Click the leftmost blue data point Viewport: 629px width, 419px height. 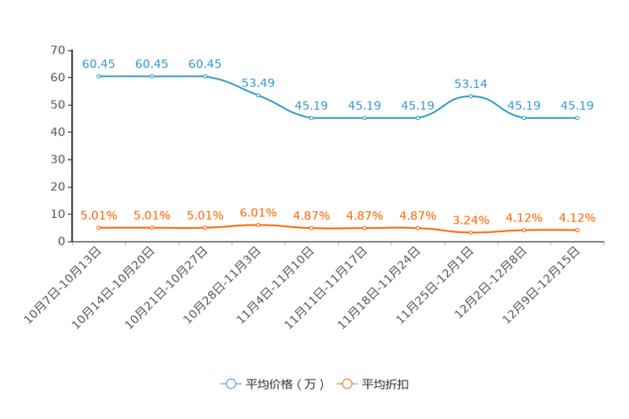99,76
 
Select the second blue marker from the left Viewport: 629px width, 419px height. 152,76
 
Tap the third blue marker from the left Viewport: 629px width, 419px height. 205,76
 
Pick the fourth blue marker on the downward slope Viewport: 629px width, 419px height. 259,95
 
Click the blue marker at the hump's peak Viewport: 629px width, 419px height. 471,95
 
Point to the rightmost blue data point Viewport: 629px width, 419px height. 577,118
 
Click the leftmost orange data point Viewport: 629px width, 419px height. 99,228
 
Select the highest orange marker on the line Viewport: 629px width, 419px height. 259,225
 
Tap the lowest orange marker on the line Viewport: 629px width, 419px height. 471,232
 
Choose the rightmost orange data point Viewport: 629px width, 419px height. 577,230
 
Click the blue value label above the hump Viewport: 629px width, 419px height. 471,83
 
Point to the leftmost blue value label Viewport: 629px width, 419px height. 99,63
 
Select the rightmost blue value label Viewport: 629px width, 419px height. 577,106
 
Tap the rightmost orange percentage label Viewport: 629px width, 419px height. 577,217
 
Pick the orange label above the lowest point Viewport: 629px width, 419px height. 471,220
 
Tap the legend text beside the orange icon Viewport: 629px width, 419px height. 386,384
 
